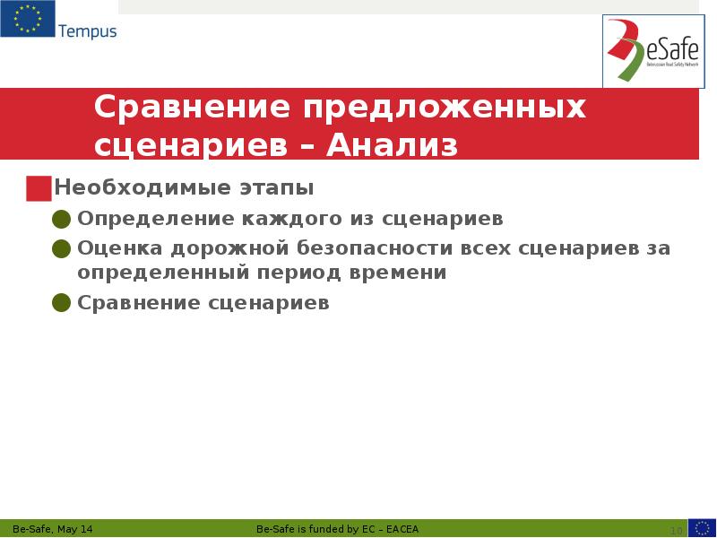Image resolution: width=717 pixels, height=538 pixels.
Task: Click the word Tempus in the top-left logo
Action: point(87,31)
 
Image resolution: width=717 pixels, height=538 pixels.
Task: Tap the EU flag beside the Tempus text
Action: point(27,20)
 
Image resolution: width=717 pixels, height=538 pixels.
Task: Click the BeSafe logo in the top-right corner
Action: point(653,51)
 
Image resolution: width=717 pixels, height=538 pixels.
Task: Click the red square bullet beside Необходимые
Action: point(39,188)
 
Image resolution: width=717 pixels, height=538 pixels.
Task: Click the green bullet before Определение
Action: point(62,220)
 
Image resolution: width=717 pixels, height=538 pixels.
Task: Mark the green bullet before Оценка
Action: point(62,248)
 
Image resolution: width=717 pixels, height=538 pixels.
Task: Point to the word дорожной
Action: point(219,247)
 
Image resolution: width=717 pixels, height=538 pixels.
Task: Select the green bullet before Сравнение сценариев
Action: point(62,303)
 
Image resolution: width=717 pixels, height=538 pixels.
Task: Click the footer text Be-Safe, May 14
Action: point(53,529)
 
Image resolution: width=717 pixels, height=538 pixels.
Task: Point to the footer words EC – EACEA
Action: point(391,529)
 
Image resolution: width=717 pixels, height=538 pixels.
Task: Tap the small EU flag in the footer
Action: point(702,528)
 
